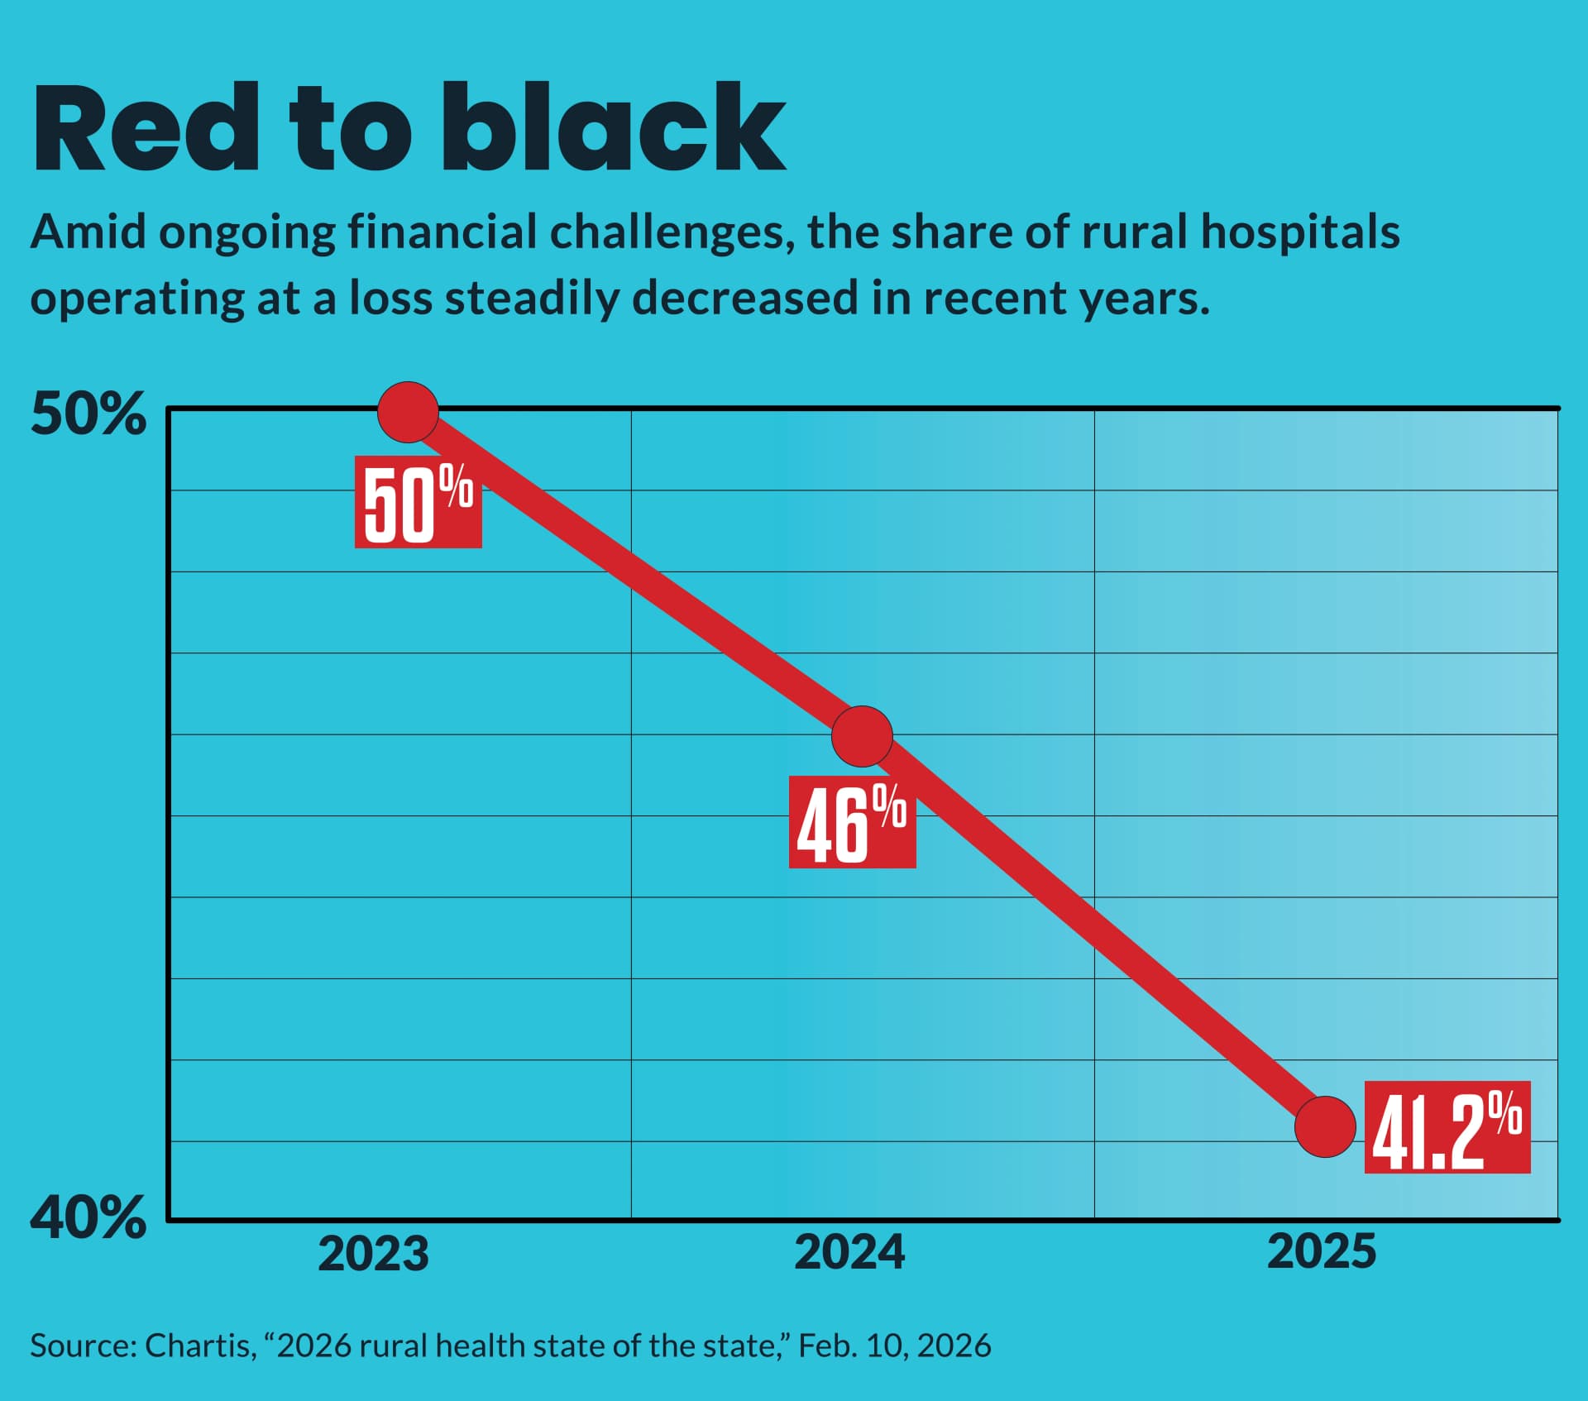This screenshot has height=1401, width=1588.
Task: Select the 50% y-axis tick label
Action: click(x=88, y=414)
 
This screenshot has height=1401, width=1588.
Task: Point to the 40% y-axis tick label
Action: click(x=88, y=1217)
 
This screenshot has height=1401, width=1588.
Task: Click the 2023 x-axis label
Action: click(x=373, y=1253)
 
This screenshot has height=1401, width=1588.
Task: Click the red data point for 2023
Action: click(x=408, y=412)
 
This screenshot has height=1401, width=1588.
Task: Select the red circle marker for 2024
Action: click(x=862, y=736)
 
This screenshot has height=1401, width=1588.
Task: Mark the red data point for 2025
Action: click(x=1325, y=1126)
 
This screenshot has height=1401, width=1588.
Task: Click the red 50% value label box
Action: click(x=418, y=502)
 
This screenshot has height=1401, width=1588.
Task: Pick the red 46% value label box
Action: click(x=852, y=822)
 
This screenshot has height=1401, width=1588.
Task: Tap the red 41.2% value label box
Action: click(x=1447, y=1127)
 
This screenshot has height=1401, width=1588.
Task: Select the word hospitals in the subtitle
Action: click(x=1299, y=232)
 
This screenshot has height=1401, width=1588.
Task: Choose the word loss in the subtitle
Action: click(x=390, y=298)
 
